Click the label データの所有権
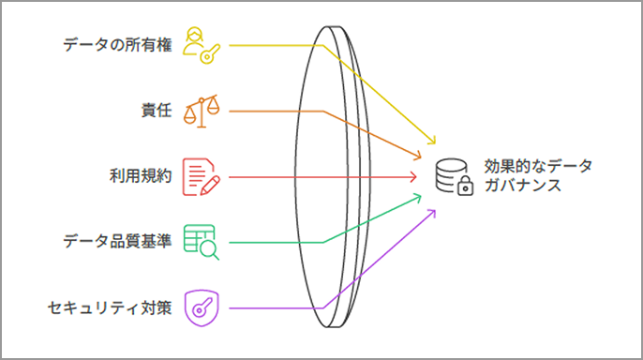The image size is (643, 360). click(x=117, y=44)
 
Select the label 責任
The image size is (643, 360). click(x=155, y=111)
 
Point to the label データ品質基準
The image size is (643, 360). click(x=117, y=242)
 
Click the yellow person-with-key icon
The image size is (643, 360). click(x=202, y=44)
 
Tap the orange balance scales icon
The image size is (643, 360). click(x=202, y=110)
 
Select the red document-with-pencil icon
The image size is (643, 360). click(x=202, y=176)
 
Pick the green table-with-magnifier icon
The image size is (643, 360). click(x=202, y=242)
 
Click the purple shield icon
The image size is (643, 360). click(x=202, y=307)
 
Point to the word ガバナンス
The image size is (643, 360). click(x=523, y=186)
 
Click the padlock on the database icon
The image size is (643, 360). click(x=465, y=187)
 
